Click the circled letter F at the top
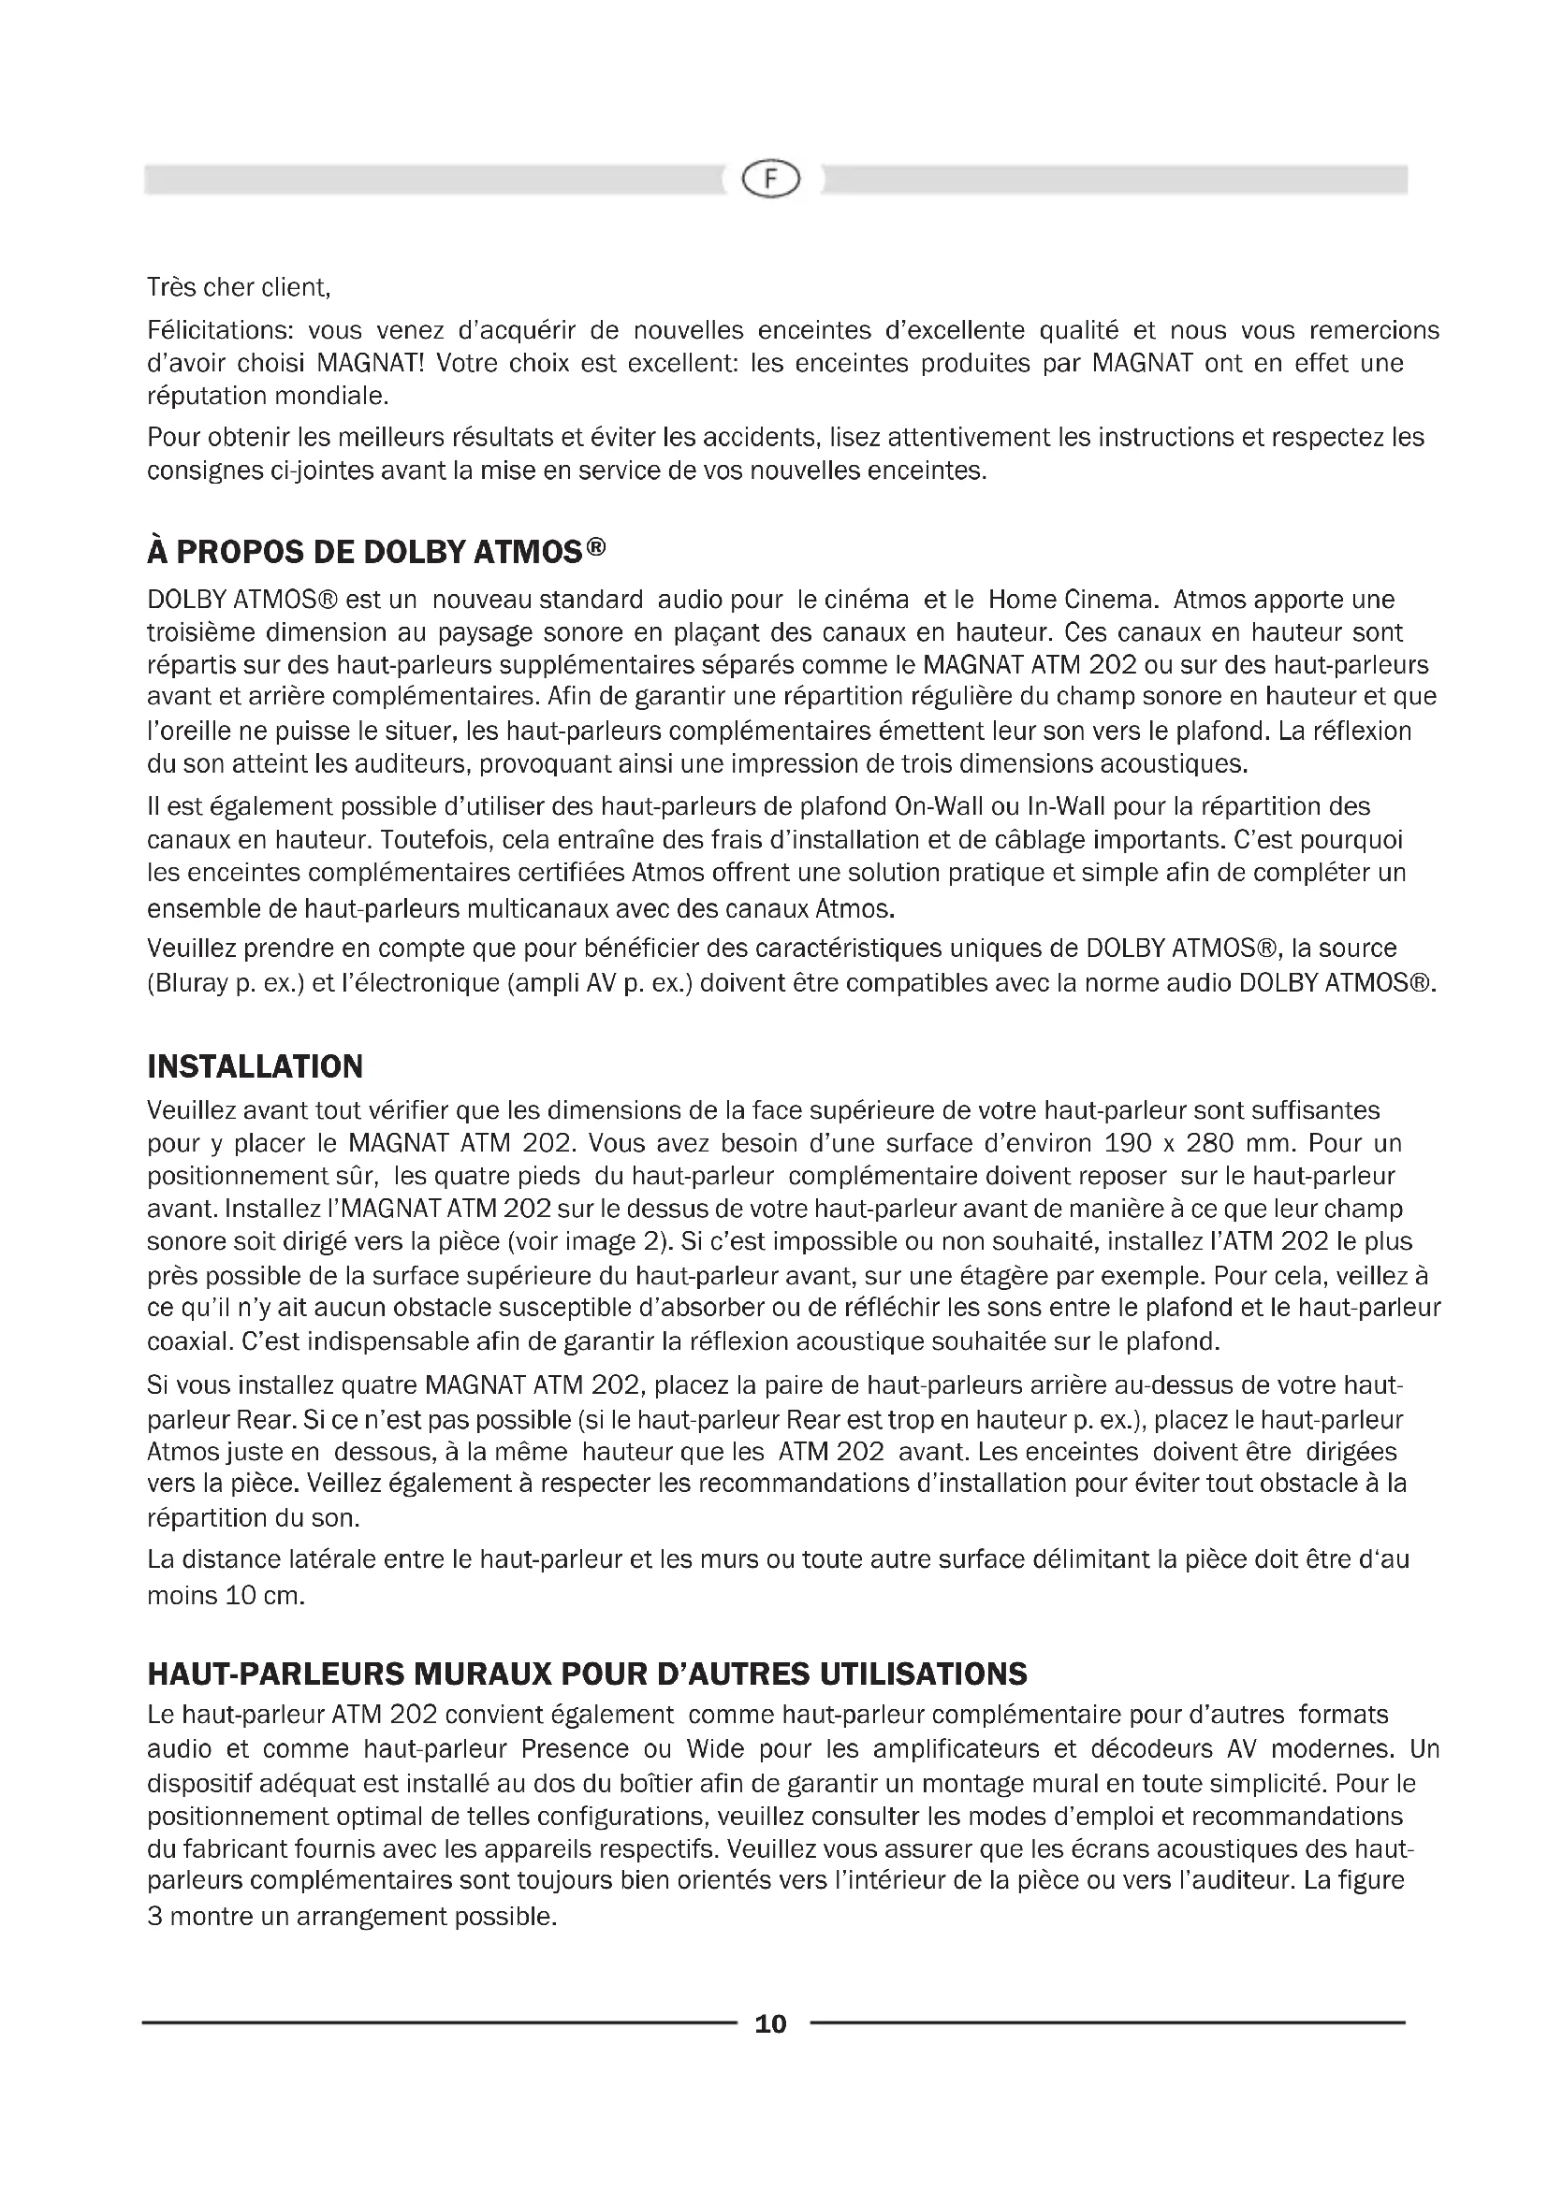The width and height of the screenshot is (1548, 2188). (x=770, y=180)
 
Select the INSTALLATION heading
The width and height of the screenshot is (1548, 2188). (x=256, y=1066)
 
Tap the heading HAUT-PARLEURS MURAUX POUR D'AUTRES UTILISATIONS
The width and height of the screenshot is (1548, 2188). (x=587, y=1674)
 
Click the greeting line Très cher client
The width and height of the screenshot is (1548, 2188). (x=239, y=287)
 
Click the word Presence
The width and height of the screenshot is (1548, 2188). (x=575, y=1749)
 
